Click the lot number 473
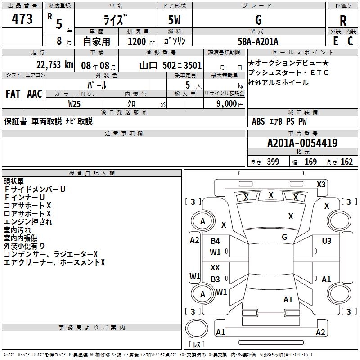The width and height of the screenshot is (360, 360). pos(22,19)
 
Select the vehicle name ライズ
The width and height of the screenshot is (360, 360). pos(116,20)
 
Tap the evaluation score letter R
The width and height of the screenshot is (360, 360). pos(343,21)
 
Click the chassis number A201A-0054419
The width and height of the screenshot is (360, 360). pos(302,144)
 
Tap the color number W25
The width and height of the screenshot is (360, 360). pos(75,103)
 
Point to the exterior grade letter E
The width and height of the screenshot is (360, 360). pos(335,41)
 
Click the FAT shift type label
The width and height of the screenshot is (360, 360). pos(13,94)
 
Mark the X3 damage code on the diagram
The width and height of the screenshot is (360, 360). pos(321,184)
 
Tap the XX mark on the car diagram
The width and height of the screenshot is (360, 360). pos(216,267)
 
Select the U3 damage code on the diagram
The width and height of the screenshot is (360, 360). pos(327,241)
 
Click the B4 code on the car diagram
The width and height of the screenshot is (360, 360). pos(216,241)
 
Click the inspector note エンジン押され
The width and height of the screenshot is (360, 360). pos(28,221)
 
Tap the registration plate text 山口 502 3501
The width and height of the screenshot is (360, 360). pos(171,65)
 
